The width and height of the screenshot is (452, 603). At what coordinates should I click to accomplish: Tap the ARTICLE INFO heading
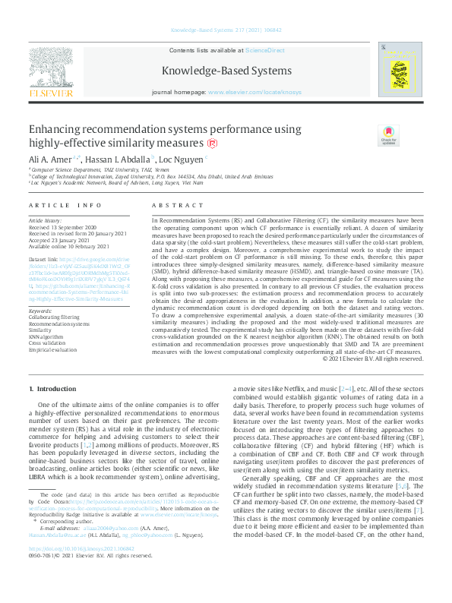point(65,206)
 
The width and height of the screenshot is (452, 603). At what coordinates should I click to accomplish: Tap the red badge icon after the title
point(191,144)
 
